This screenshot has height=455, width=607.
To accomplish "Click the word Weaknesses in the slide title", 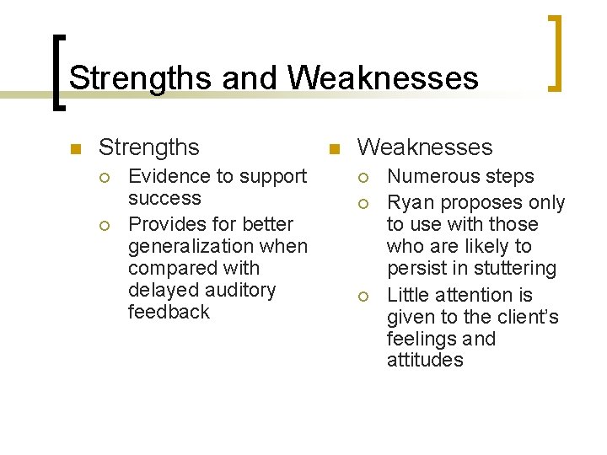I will pos(384,78).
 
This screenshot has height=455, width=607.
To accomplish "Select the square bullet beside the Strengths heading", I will pos(75,150).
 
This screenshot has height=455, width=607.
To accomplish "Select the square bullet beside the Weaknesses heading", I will pos(333,150).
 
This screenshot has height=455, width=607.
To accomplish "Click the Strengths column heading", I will pos(149,147).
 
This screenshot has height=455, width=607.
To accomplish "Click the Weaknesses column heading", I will pos(424,147).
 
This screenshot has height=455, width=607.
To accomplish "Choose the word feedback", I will pos(169,312).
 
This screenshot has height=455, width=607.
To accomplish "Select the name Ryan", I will pos(411,202).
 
